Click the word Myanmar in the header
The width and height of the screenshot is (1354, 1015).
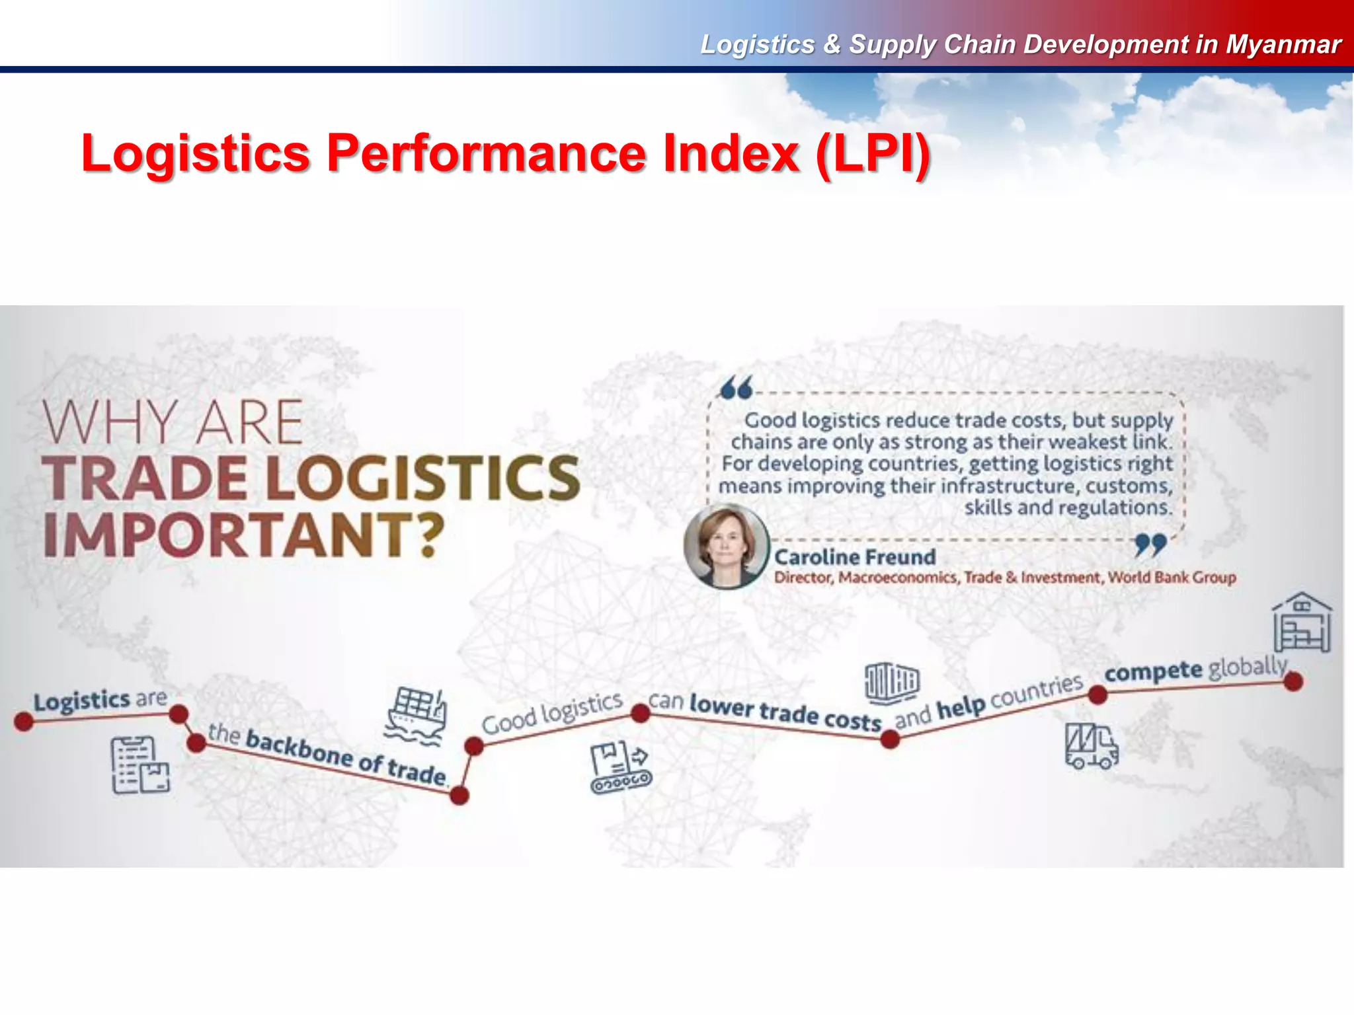[1283, 44]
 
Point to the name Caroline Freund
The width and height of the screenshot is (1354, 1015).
[855, 557]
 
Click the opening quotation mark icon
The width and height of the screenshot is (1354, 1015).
[737, 389]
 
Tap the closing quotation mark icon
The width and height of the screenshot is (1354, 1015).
[1150, 545]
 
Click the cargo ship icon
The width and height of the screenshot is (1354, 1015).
[416, 716]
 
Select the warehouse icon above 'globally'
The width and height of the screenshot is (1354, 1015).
[1302, 622]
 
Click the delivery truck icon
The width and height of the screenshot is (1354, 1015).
[1091, 746]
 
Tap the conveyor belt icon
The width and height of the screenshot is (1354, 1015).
[620, 768]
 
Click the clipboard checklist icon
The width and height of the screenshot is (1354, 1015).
[140, 765]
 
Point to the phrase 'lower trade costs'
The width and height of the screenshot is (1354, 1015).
[785, 712]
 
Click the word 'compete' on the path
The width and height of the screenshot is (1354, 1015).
[1154, 672]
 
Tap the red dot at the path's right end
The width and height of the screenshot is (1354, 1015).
[1293, 681]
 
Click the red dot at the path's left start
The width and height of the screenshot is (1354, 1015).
[24, 722]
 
